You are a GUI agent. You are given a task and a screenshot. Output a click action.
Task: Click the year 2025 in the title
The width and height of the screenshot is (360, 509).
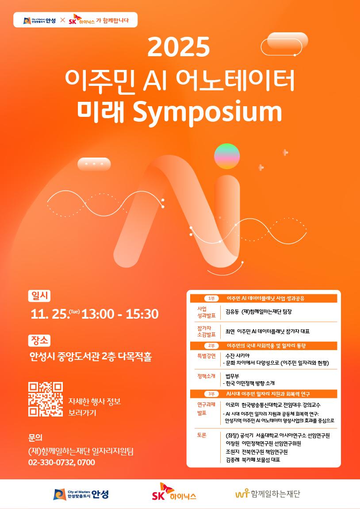(x=179, y=47)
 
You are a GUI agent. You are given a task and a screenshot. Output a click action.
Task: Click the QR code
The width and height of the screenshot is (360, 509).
(x=46, y=399)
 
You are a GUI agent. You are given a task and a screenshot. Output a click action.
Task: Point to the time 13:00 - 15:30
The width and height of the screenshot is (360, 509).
(x=120, y=314)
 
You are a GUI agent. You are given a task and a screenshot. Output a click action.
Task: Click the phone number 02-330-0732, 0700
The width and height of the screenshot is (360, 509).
(x=61, y=463)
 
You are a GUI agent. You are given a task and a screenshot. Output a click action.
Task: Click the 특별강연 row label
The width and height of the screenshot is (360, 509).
(x=206, y=356)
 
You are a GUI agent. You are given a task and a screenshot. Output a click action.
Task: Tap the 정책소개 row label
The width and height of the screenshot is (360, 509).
(x=206, y=376)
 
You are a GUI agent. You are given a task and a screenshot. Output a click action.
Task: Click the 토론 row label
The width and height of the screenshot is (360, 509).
(x=202, y=435)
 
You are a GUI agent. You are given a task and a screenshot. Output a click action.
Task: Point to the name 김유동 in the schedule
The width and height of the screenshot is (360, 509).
(x=232, y=312)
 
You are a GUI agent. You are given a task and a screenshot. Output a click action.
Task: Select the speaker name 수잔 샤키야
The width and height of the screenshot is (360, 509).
(x=237, y=356)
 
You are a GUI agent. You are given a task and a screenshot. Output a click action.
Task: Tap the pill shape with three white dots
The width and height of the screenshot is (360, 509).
(x=94, y=164)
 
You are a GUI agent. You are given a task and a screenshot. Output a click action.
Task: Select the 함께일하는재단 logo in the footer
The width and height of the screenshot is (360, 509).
(x=268, y=494)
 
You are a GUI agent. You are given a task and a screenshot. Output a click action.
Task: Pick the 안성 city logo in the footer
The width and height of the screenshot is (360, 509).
(x=80, y=494)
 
